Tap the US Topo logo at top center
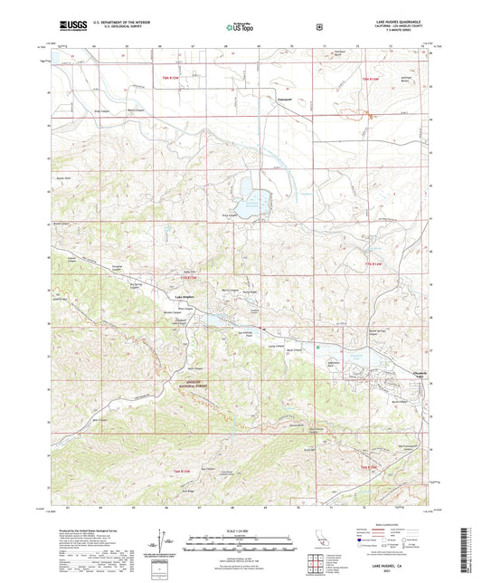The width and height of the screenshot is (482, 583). tap(240, 28)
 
